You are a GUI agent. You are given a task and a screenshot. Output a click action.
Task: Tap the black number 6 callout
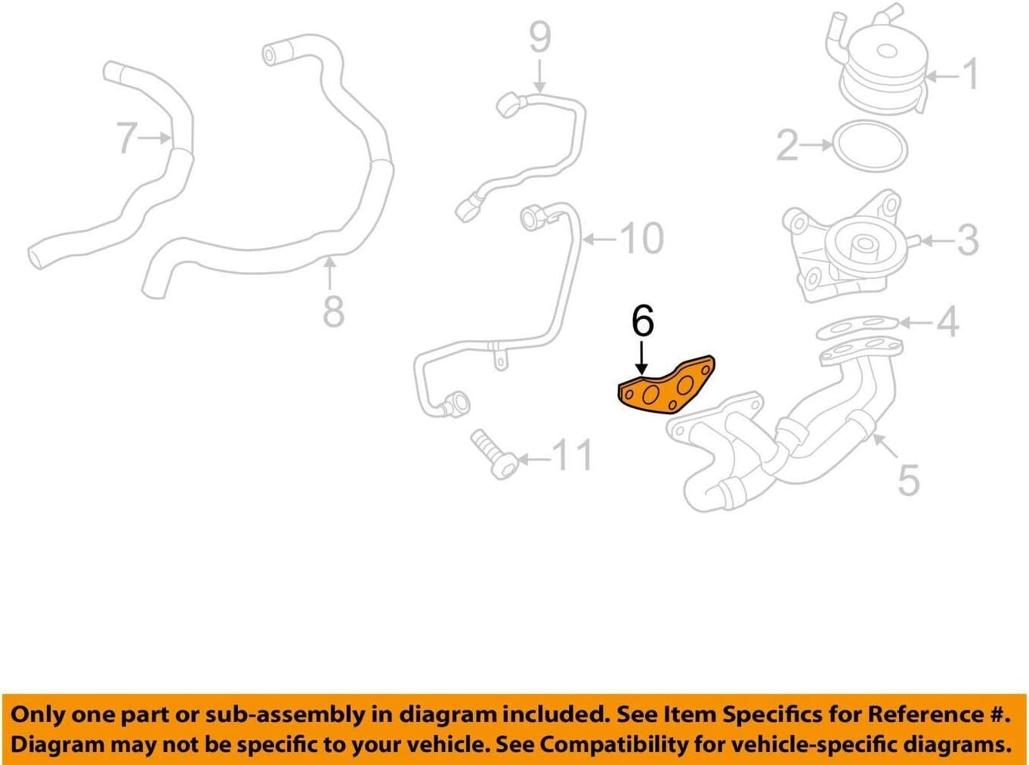tap(642, 321)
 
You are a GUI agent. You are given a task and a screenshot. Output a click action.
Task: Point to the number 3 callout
tap(968, 241)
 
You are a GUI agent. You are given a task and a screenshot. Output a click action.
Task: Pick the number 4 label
tap(948, 322)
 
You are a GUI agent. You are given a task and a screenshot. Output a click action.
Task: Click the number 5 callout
tap(908, 481)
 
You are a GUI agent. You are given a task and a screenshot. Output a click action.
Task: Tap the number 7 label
tap(126, 138)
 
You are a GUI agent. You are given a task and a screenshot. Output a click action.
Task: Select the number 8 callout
tap(334, 311)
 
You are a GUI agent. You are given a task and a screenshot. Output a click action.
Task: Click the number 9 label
tap(540, 37)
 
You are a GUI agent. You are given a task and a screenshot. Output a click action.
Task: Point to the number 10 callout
tap(642, 239)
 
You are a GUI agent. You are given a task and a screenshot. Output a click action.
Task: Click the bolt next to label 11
tap(494, 455)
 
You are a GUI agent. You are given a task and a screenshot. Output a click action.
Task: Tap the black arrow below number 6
tap(642, 358)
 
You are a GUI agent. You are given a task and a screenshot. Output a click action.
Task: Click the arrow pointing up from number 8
tap(329, 274)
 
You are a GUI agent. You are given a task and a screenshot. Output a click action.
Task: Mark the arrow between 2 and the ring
tap(816, 145)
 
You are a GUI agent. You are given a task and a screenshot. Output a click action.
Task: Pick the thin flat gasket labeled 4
tap(858, 327)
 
